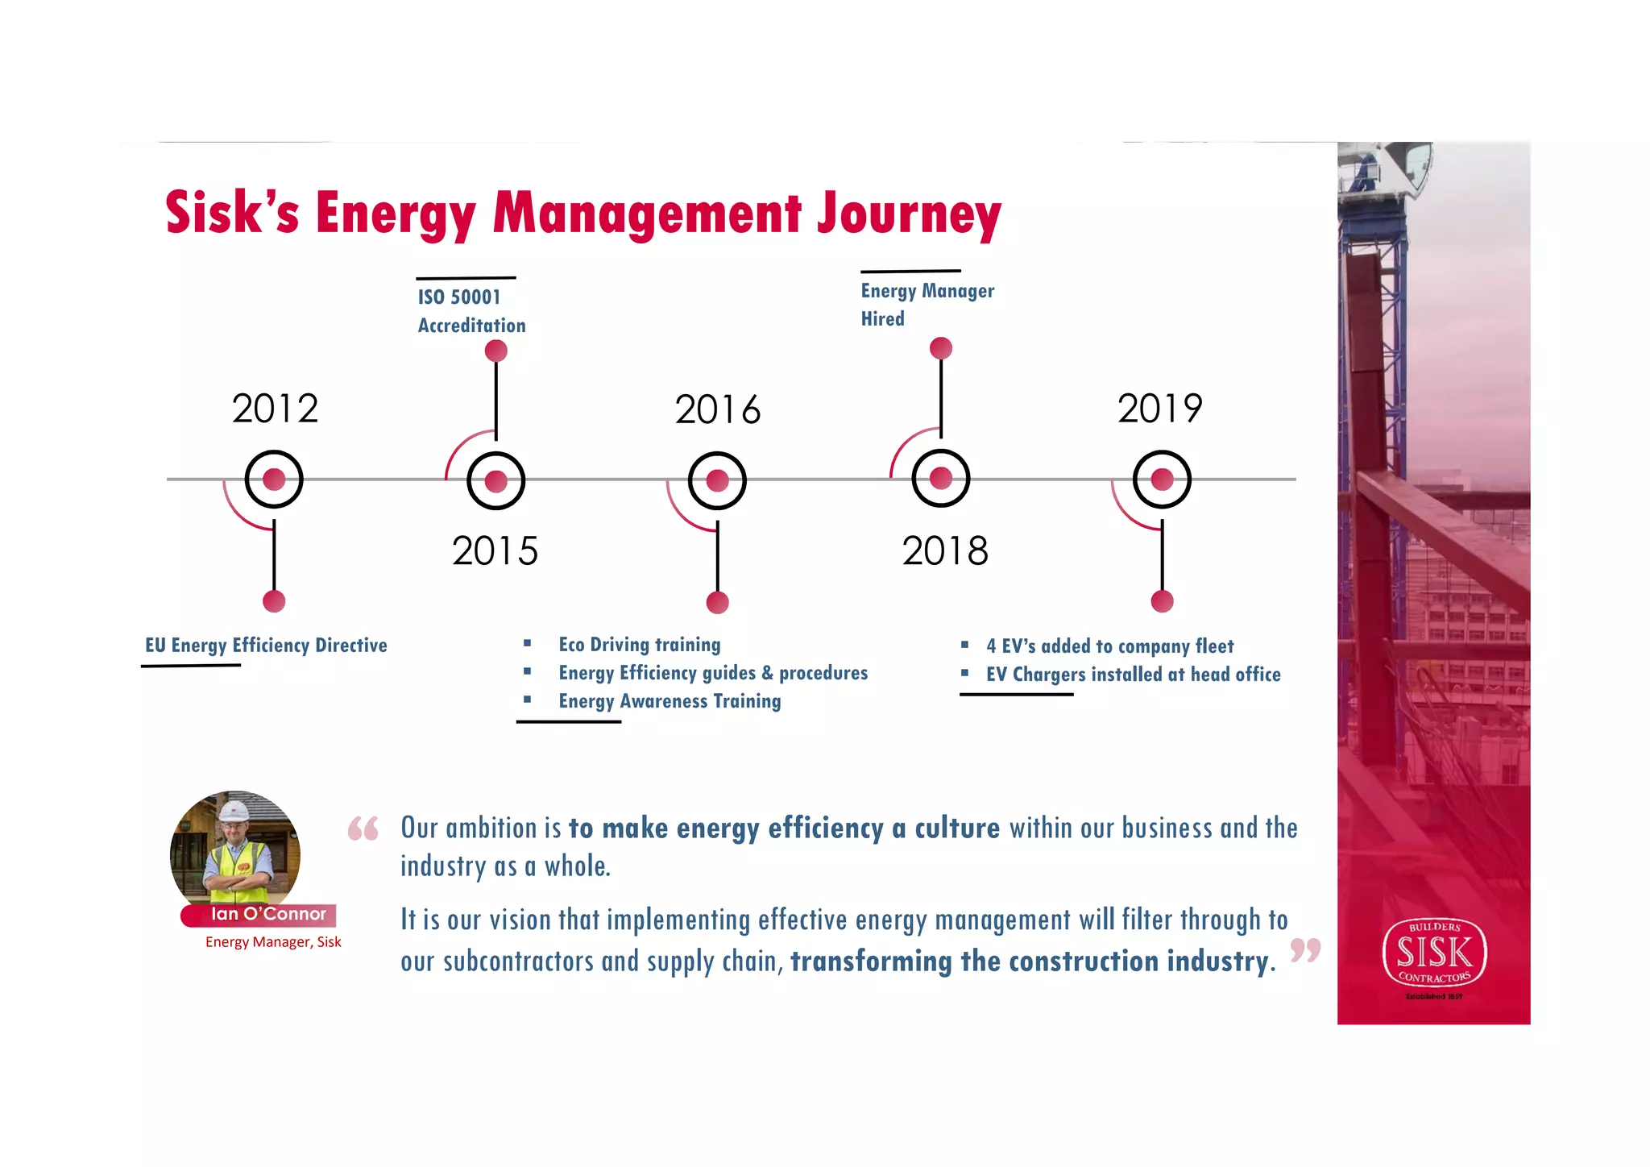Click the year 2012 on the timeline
276,409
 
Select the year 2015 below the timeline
495,551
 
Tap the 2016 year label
717,409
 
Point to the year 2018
945,551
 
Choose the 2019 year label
1159,409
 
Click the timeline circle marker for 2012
274,480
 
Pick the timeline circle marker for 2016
717,481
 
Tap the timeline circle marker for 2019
1162,480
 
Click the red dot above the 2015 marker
496,351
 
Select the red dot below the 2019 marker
1162,601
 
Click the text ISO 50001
459,297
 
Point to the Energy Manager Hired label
927,305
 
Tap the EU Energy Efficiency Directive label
266,646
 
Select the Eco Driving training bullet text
640,645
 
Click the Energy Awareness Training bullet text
670,701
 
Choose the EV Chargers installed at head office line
1133,675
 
